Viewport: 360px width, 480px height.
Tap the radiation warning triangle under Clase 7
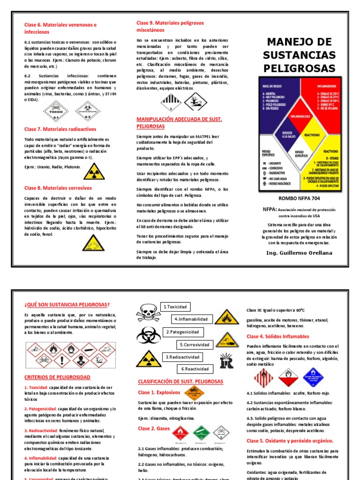pos(91,172)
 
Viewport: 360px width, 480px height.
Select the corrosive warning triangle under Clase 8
pos(91,243)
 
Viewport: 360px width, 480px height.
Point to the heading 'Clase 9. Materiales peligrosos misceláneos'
pos(170,26)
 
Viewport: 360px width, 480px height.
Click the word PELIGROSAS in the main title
pos(299,68)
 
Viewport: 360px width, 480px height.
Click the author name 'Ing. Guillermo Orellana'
pos(299,253)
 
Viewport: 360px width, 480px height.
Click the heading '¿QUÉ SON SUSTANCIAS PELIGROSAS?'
pos(67,305)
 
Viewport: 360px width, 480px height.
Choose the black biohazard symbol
pos(149,335)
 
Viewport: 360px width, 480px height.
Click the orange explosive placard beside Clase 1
pos(194,392)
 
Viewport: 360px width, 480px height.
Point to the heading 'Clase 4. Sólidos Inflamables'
pos(278,337)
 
